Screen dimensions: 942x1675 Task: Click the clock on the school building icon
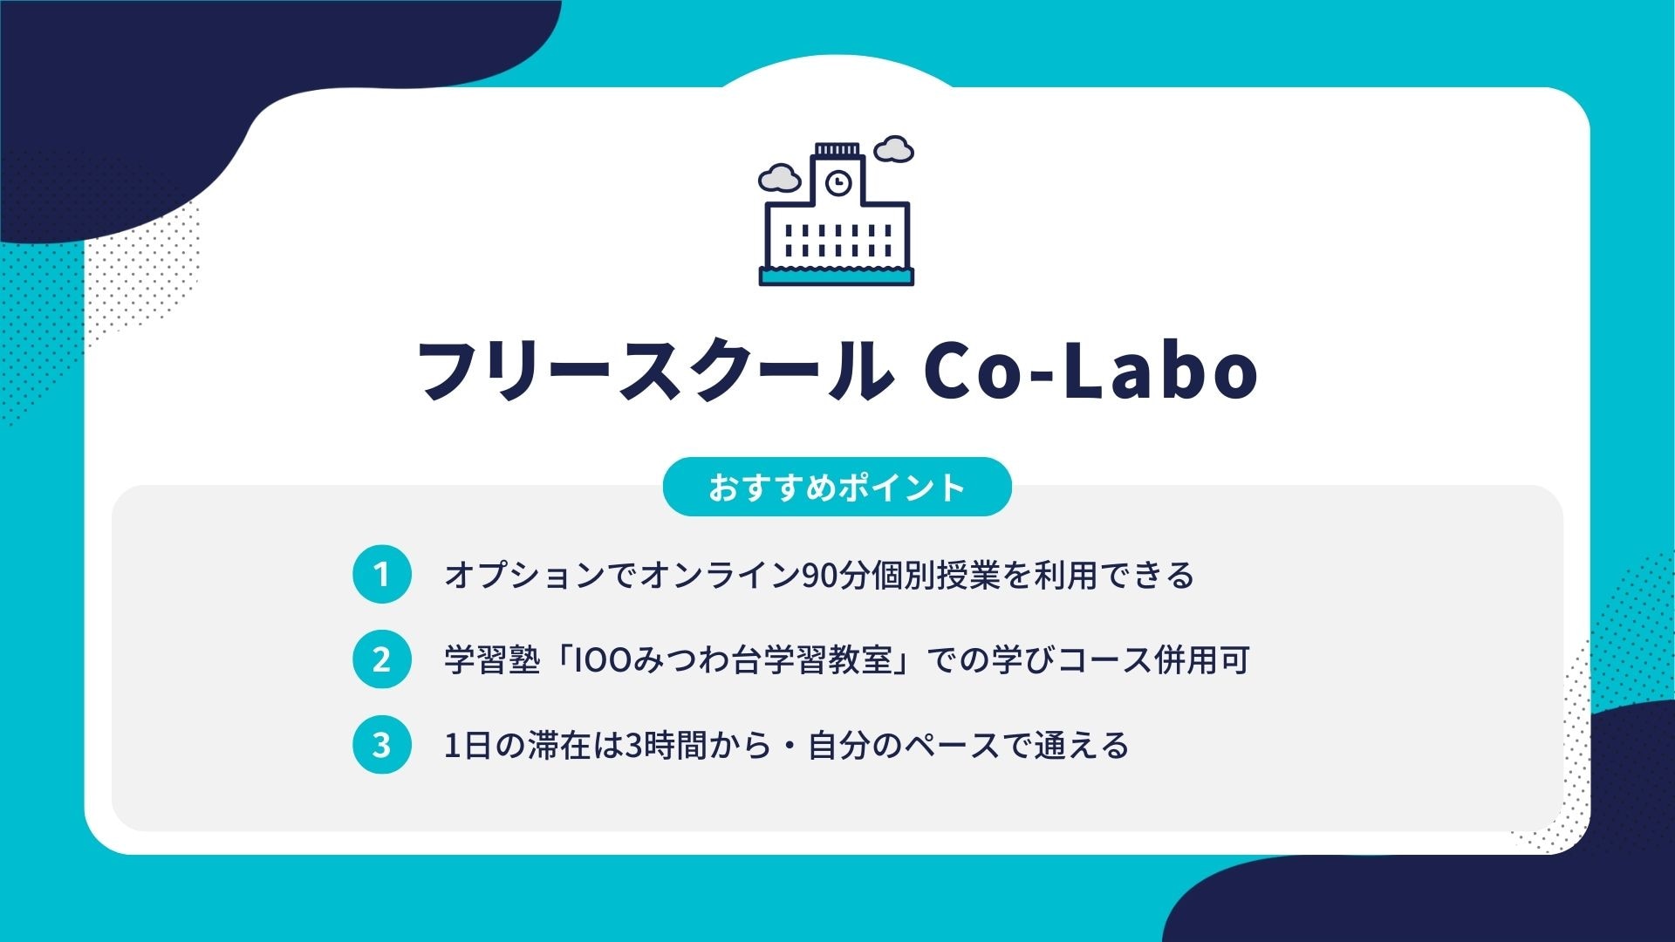pyautogui.click(x=837, y=183)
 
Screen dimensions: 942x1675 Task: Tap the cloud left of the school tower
pyautogui.click(x=779, y=179)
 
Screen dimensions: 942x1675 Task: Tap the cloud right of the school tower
pyautogui.click(x=893, y=149)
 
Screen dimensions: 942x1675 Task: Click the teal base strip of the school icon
pyautogui.click(x=837, y=276)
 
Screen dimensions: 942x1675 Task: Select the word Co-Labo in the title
pyautogui.click(x=1090, y=371)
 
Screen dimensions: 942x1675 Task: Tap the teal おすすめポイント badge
pyautogui.click(x=837, y=487)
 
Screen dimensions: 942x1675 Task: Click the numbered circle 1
pyautogui.click(x=381, y=574)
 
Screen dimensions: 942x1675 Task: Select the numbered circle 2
pyautogui.click(x=381, y=659)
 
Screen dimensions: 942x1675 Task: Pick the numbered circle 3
pyautogui.click(x=381, y=745)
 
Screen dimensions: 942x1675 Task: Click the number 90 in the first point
pyautogui.click(x=820, y=576)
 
